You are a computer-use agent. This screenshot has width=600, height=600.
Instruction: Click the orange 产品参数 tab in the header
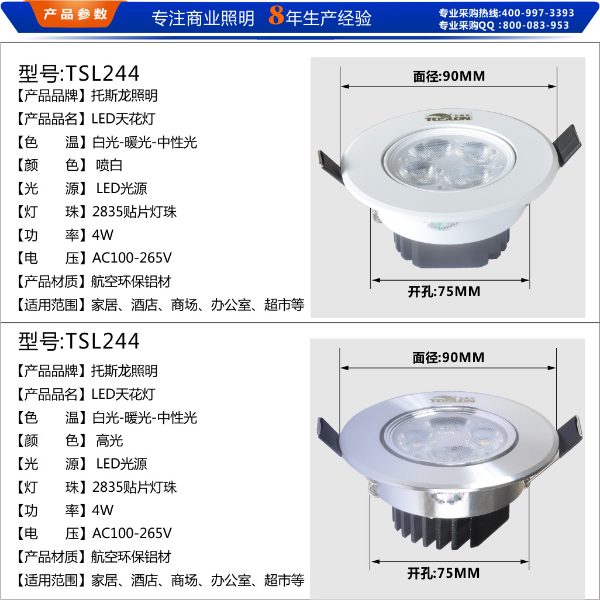[75, 14]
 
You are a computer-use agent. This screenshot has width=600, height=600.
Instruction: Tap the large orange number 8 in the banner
[276, 15]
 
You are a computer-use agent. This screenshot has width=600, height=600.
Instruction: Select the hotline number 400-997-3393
[537, 13]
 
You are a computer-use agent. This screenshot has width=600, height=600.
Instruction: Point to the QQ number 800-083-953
[536, 25]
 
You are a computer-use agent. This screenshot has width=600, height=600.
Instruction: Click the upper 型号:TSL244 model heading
[79, 73]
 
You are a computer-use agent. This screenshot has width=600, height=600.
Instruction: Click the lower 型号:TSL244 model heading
[79, 340]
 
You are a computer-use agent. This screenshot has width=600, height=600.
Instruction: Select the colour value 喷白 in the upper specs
[109, 165]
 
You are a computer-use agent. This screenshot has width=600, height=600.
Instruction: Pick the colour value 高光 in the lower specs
[109, 440]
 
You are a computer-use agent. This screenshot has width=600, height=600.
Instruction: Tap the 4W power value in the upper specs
[102, 235]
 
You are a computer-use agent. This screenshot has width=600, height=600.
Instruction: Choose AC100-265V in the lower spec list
[132, 533]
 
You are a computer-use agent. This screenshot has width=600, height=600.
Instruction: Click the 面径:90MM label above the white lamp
[449, 76]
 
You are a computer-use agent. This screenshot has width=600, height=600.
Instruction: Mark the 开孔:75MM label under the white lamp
[444, 292]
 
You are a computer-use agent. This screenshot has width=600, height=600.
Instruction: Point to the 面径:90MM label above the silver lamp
[449, 357]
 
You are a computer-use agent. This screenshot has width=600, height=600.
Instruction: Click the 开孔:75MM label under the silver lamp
[443, 573]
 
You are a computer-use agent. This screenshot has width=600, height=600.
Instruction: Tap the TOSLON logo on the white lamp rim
[448, 117]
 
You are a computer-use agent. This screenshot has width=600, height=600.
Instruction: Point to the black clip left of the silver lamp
[329, 436]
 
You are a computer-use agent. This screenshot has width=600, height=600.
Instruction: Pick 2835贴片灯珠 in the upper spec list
[135, 212]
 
